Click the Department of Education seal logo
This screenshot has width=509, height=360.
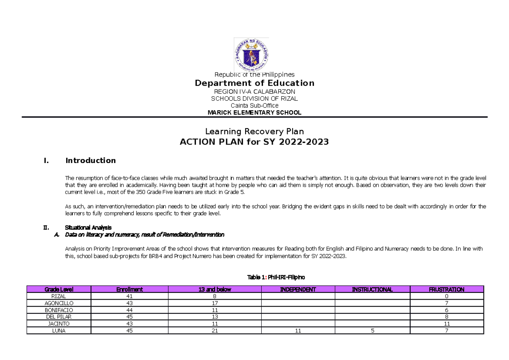click(252, 54)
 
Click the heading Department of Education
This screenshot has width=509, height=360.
click(255, 83)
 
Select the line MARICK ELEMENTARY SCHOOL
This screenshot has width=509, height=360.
click(255, 112)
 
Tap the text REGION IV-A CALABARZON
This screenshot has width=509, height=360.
click(255, 92)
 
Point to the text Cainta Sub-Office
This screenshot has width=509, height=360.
click(255, 105)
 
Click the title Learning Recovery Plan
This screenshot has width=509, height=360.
click(255, 132)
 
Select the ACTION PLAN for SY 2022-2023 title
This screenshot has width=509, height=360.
click(255, 142)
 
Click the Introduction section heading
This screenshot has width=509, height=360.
click(90, 160)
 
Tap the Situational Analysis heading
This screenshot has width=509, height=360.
click(88, 228)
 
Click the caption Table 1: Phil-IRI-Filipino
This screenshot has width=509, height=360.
click(276, 277)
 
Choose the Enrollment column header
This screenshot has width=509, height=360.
click(129, 290)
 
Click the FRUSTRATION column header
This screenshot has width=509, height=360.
click(446, 290)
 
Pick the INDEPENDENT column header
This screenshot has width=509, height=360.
click(298, 290)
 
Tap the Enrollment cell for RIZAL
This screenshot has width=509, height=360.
click(129, 296)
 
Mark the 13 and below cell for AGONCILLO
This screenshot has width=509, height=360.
click(215, 304)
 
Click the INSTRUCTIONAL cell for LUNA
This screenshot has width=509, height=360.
click(372, 331)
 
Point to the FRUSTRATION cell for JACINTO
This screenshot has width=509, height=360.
click(446, 324)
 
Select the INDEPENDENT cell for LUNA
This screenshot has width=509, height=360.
click(298, 331)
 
